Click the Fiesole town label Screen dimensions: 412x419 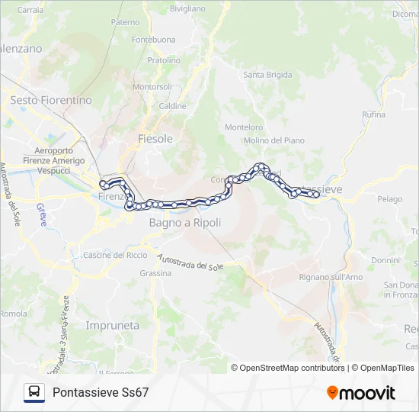click(155, 139)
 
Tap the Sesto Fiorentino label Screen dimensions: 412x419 click(50, 100)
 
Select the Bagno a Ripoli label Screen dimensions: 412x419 click(185, 223)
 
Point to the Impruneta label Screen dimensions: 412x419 click(113, 325)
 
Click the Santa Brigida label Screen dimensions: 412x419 click(267, 75)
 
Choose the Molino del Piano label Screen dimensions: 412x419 click(274, 140)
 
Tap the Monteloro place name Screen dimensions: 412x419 click(245, 127)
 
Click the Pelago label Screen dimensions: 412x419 click(389, 199)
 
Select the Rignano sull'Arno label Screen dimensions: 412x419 click(331, 276)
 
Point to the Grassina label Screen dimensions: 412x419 click(155, 272)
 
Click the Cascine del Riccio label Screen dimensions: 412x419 click(115, 255)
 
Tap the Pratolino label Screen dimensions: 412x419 click(164, 60)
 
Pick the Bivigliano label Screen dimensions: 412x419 click(187, 8)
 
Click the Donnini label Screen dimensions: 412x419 click(385, 260)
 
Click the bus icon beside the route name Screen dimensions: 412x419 click(34, 392)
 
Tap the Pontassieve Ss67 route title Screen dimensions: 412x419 click(101, 392)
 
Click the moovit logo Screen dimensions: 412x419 click(361, 393)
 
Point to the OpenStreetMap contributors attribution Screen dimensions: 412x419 click(293, 368)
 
